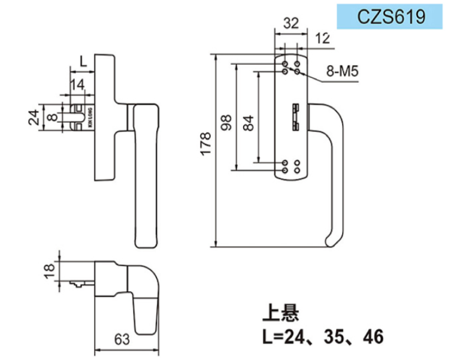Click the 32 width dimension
coord(290,23)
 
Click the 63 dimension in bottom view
coord(121,340)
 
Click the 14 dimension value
coord(77,84)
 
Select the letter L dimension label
coord(83,60)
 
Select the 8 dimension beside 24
coord(52,117)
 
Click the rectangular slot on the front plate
coord(295,116)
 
